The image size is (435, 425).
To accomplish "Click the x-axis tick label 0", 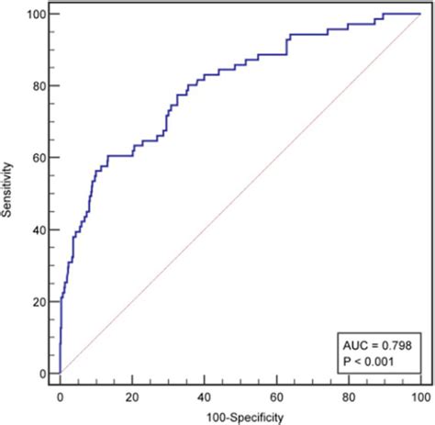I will (60, 396).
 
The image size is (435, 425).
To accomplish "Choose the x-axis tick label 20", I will (131, 396).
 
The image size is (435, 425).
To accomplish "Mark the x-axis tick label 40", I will (204, 396).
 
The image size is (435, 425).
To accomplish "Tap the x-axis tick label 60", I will (275, 396).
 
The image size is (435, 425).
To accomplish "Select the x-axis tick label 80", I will (348, 396).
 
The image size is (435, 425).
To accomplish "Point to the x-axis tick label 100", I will (419, 396).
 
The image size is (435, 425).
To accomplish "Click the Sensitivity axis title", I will (10, 194).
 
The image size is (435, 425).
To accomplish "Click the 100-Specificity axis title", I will (240, 416).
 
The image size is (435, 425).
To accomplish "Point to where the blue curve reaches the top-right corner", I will (418, 15).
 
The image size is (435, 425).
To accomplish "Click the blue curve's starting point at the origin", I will (60, 373).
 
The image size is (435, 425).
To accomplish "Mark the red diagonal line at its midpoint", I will (240, 194).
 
